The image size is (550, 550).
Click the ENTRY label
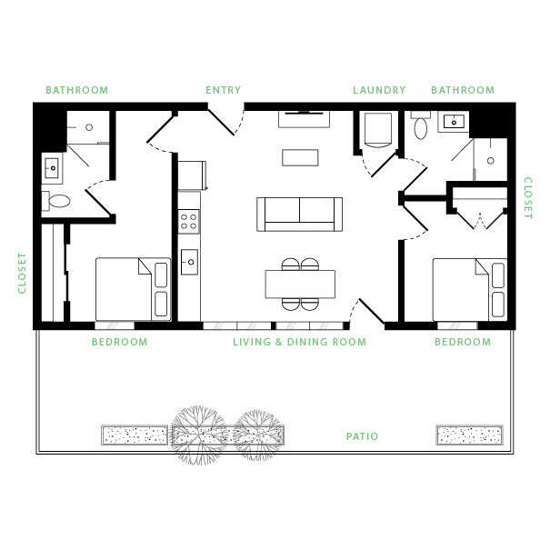point(223,90)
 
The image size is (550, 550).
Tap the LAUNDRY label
point(379,90)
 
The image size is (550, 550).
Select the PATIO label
point(362,436)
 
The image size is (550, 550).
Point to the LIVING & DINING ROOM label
point(299,343)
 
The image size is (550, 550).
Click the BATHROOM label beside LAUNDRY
point(463,90)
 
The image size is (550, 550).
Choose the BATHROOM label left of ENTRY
point(77,90)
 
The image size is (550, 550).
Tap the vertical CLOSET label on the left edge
point(23,273)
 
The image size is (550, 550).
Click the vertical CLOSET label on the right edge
point(527,198)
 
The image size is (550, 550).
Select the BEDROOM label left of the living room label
point(119,343)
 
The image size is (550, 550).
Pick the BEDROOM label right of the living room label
point(462,343)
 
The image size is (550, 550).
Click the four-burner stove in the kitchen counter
point(189,221)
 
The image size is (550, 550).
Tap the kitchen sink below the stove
point(189,262)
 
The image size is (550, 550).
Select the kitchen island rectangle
point(300,284)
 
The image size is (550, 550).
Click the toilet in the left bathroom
point(57,201)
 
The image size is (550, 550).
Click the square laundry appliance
point(378,128)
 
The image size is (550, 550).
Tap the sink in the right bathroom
point(453,122)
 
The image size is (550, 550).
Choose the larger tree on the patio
point(199,429)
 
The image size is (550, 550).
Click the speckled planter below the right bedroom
point(469,435)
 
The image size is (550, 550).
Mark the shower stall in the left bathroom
point(88,127)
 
